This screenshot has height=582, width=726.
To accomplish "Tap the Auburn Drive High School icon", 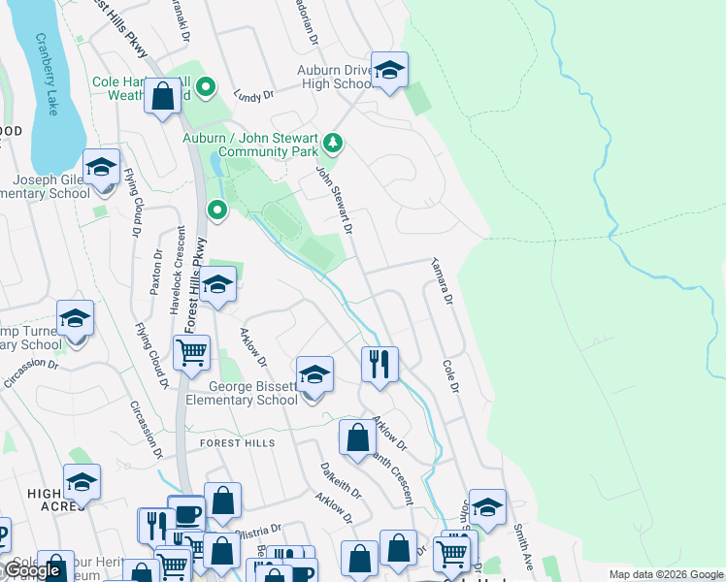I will (389, 71).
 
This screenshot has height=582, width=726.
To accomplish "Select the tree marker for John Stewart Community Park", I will (334, 145).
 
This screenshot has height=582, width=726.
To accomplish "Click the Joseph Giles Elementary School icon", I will (101, 168).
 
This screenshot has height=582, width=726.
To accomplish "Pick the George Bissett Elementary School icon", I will (314, 375).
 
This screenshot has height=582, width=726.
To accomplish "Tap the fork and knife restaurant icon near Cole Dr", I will (379, 365).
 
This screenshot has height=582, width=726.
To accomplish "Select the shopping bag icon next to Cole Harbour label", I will (162, 95).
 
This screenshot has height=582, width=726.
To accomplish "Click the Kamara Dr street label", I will (443, 282).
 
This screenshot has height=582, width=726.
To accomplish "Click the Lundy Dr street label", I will (254, 95).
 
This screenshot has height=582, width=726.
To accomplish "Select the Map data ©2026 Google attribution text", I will (665, 574).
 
